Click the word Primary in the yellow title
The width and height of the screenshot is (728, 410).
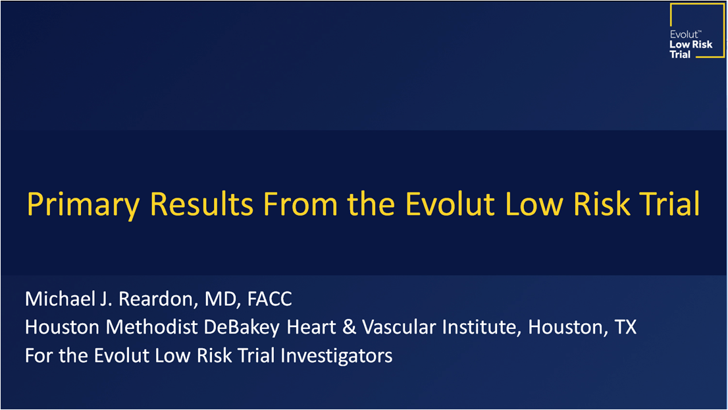(x=83, y=204)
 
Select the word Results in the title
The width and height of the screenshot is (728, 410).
(x=201, y=204)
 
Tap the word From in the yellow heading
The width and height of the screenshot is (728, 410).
(x=300, y=204)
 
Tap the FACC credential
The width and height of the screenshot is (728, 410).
(x=269, y=299)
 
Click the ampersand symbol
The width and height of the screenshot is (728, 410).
(x=349, y=327)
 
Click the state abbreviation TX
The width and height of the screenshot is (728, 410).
(x=625, y=327)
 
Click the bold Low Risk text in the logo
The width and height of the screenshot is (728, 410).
(x=691, y=45)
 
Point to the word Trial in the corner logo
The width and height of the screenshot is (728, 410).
(x=680, y=55)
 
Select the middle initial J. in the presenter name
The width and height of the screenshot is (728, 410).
(x=107, y=299)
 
